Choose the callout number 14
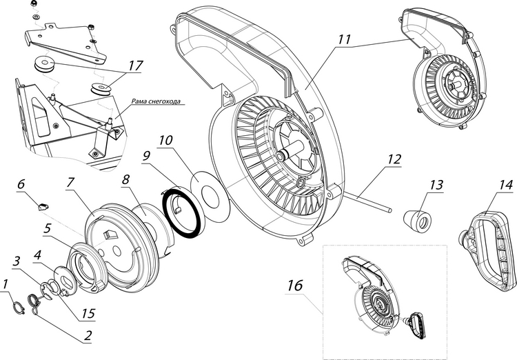point(505,184)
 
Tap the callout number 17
point(134,66)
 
